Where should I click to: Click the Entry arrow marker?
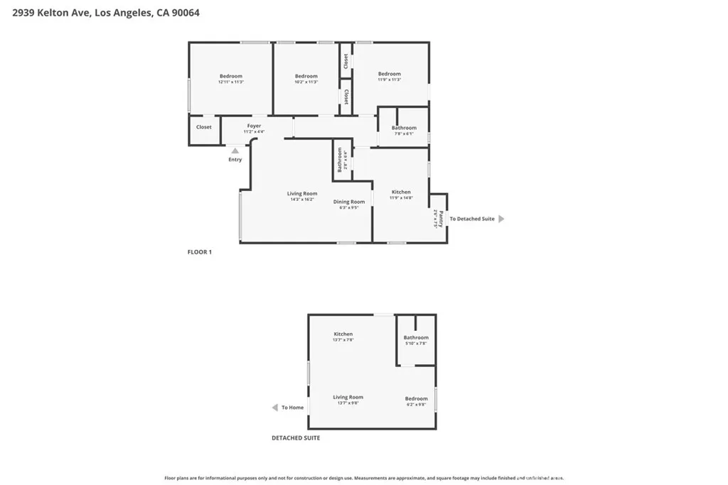(x=235, y=150)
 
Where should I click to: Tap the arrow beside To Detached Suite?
(x=501, y=219)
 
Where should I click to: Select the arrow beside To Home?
(x=275, y=408)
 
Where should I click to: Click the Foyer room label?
(x=254, y=126)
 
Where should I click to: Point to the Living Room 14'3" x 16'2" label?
(x=302, y=194)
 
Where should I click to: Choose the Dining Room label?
(x=349, y=202)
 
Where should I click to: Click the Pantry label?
(x=440, y=219)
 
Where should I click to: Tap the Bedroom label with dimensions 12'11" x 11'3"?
(x=230, y=77)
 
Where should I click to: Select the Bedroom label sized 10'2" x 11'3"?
(x=306, y=77)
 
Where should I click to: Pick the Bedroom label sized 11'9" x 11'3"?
(x=389, y=74)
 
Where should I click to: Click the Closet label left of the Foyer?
(x=204, y=127)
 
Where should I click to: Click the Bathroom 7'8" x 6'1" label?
(x=404, y=129)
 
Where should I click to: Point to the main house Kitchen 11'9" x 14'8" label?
(x=401, y=192)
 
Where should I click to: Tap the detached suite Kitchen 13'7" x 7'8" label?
(x=343, y=334)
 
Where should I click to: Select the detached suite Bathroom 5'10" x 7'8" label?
(x=416, y=338)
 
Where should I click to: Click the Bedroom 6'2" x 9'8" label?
(x=416, y=399)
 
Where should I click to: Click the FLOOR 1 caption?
(x=199, y=252)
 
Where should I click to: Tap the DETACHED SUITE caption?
(x=296, y=438)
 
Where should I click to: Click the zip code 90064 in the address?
(x=183, y=12)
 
